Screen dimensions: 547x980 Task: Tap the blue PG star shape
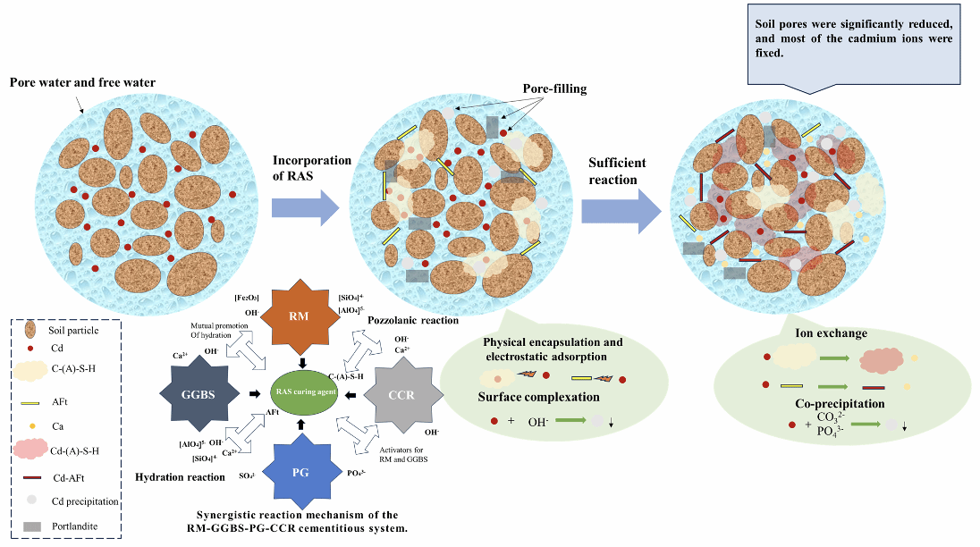click(300, 471)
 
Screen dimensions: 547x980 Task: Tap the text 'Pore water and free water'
click(82, 83)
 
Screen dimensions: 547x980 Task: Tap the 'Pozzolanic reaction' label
click(413, 319)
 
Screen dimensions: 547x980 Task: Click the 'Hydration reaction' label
click(180, 477)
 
